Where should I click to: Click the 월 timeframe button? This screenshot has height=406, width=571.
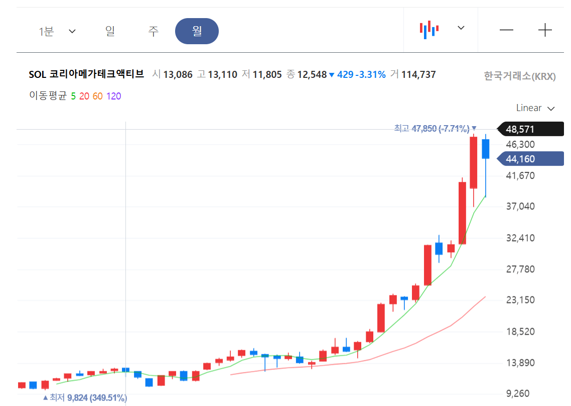click(x=197, y=31)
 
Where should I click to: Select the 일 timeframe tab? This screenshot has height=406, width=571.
click(x=110, y=31)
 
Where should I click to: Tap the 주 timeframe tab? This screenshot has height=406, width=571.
click(x=154, y=31)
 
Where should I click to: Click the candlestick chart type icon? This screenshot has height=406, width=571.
click(x=429, y=29)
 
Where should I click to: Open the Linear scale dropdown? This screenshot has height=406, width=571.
click(x=535, y=108)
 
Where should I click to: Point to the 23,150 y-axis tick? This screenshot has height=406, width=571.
click(x=520, y=300)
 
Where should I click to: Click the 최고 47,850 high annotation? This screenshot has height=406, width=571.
click(x=435, y=129)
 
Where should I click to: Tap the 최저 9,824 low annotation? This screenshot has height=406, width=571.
click(x=84, y=398)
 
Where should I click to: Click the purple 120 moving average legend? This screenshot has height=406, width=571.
click(x=113, y=96)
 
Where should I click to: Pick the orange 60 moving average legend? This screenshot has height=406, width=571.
click(x=98, y=96)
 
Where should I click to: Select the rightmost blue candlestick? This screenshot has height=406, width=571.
click(x=485, y=149)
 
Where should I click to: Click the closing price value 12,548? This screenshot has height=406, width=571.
click(x=312, y=75)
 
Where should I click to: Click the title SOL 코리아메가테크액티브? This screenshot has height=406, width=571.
click(x=86, y=74)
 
